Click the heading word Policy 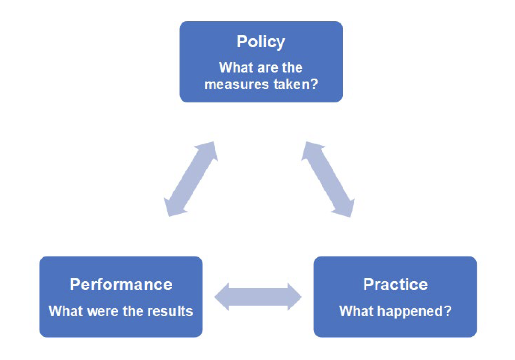(261, 42)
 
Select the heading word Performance (121, 285)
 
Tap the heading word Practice (396, 285)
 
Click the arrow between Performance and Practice (258, 296)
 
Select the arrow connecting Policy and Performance (191, 179)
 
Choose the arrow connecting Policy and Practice (328, 179)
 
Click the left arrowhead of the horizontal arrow (222, 296)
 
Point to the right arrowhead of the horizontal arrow (294, 296)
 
